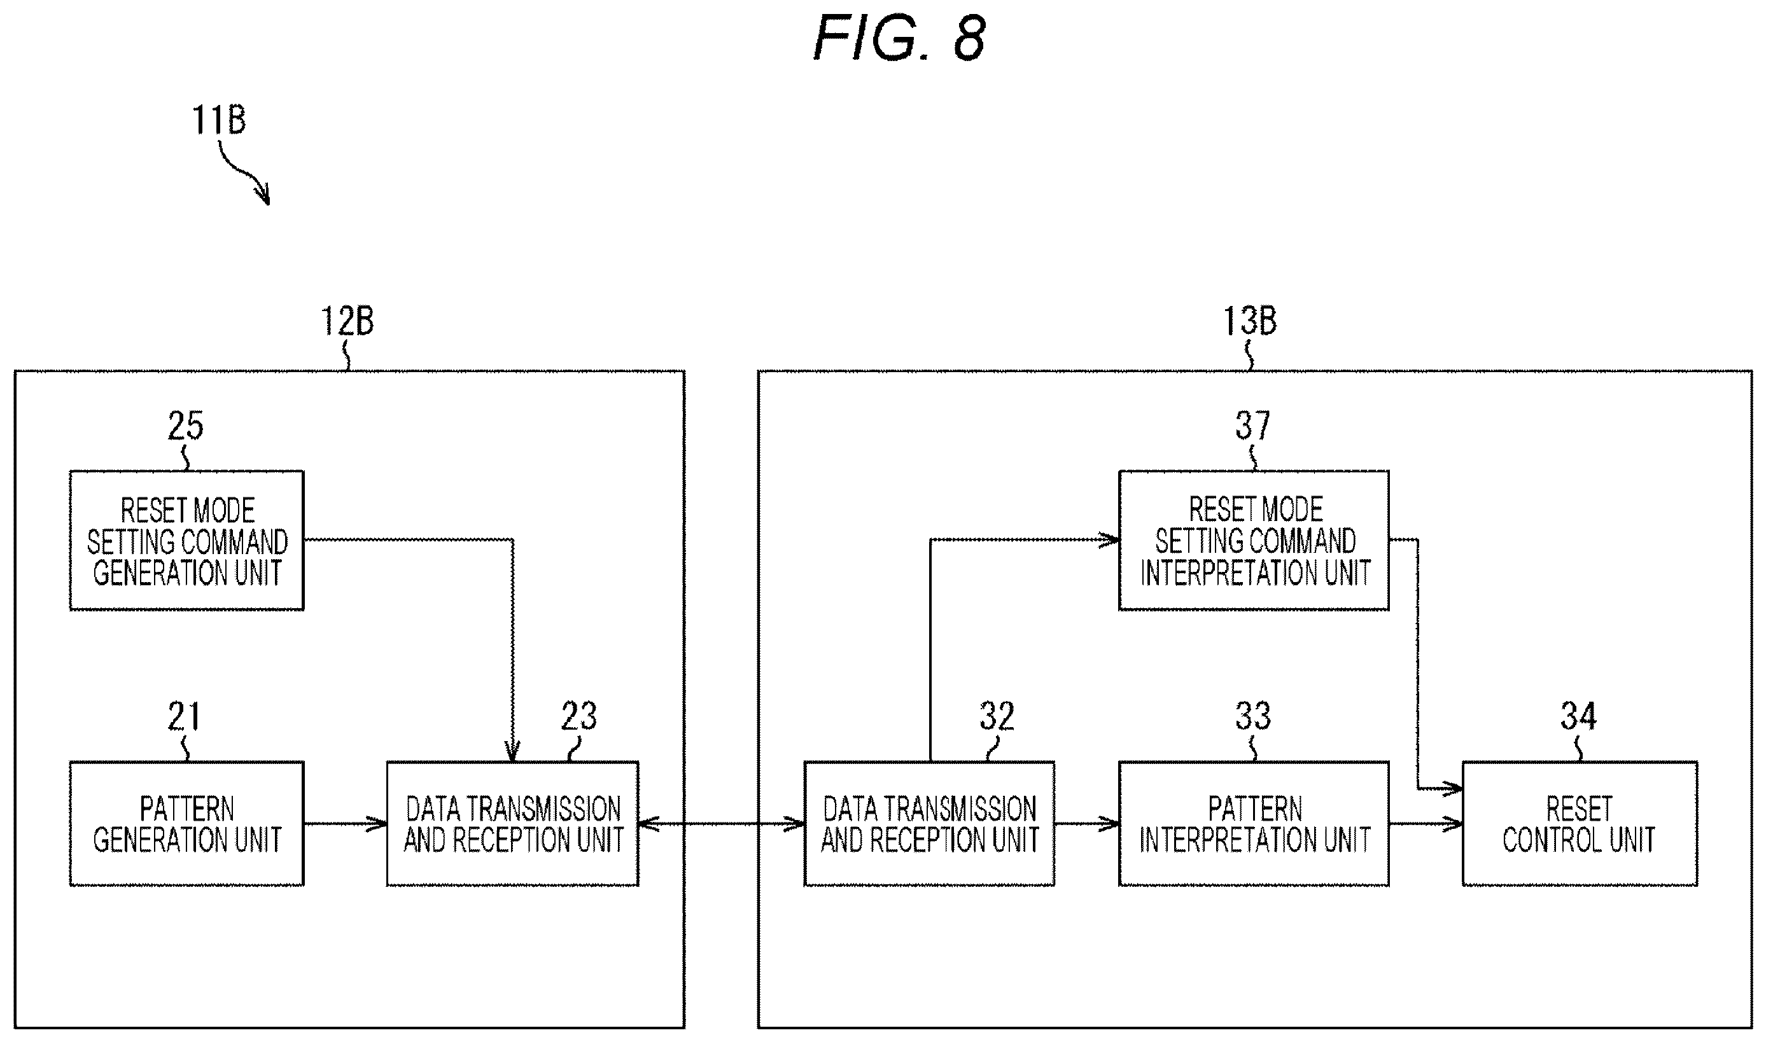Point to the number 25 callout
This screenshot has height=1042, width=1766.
pyautogui.click(x=185, y=426)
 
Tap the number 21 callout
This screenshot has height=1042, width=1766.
pyautogui.click(x=184, y=716)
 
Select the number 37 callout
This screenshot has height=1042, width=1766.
pyautogui.click(x=1253, y=426)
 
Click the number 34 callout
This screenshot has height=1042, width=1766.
pyautogui.click(x=1578, y=716)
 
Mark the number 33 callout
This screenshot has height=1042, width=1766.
pyautogui.click(x=1253, y=716)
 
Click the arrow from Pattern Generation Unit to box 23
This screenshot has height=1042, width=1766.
pyautogui.click(x=346, y=824)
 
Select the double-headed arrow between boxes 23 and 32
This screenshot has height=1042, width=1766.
pyautogui.click(x=722, y=824)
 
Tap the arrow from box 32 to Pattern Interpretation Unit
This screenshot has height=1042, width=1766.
pyautogui.click(x=1087, y=824)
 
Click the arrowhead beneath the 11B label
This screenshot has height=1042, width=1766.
pyautogui.click(x=263, y=194)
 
